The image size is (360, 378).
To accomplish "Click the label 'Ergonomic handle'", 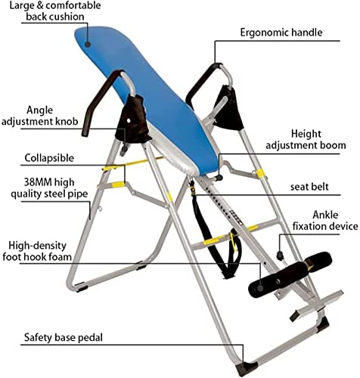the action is coord(281,33).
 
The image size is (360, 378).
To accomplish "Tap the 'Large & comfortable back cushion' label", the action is coord(55,11).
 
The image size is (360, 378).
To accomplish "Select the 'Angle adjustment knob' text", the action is coord(40,116).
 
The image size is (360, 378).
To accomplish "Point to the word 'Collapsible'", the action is coord(49,158).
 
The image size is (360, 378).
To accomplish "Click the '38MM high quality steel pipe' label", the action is coord(49,188).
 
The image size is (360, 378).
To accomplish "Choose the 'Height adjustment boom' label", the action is coord(306,140).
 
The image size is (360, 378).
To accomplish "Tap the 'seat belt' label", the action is coord(309,187).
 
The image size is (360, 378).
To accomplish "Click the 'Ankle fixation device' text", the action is coord(325,221).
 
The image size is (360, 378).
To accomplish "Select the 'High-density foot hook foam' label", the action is coord(37,251).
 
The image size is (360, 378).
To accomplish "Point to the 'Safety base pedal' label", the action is coord(64,337).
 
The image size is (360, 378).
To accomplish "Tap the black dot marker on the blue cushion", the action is coord(88,45).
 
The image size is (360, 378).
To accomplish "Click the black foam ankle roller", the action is coord(289,275).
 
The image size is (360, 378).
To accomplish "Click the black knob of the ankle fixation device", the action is coord(280,256).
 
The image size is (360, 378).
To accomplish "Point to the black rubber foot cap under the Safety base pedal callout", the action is coord(247,368).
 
